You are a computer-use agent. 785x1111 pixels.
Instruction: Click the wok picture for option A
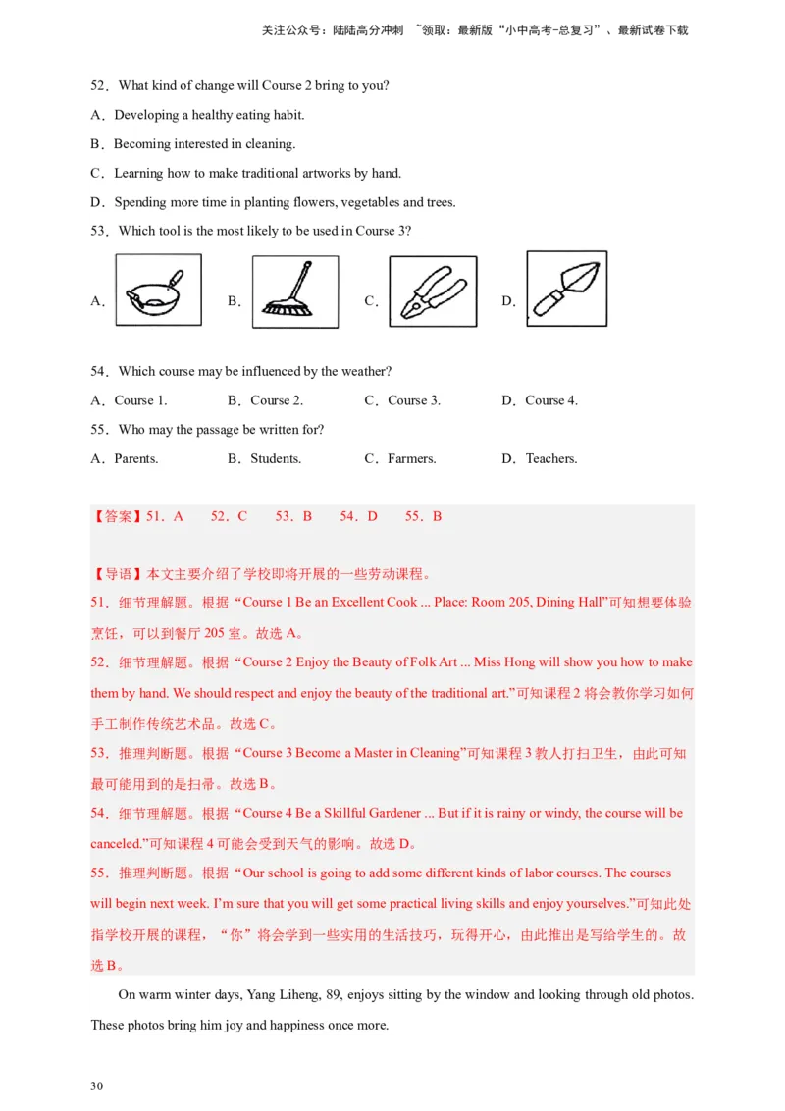click(x=158, y=291)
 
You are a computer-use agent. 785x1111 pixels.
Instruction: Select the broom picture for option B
click(x=294, y=291)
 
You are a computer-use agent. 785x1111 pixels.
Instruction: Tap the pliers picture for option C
click(x=433, y=291)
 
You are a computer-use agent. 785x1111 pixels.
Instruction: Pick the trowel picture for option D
click(x=566, y=288)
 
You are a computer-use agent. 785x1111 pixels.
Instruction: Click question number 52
click(x=99, y=86)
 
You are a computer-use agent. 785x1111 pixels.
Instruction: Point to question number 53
click(x=99, y=232)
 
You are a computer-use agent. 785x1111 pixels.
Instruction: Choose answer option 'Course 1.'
click(x=140, y=400)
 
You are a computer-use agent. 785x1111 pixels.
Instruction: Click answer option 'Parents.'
click(x=135, y=459)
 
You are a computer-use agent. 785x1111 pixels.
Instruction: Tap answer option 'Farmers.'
click(x=411, y=459)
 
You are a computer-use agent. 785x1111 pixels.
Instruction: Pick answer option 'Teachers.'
click(x=551, y=459)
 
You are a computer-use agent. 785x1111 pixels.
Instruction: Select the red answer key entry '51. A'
click(x=165, y=516)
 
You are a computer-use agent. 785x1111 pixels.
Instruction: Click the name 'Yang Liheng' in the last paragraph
click(x=282, y=995)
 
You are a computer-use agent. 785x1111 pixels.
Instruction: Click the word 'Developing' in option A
click(x=146, y=116)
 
